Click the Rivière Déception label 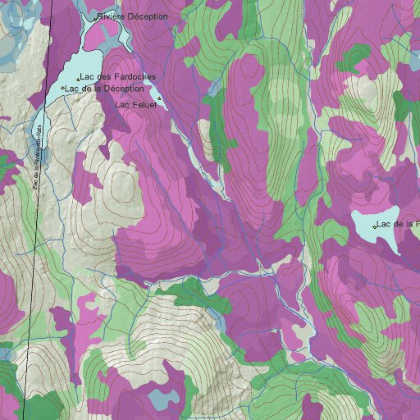pyautogui.click(x=132, y=16)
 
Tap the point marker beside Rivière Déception pyautogui.click(x=95, y=17)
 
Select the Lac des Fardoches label pyautogui.click(x=117, y=77)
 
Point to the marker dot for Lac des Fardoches pyautogui.click(x=78, y=79)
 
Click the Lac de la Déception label pyautogui.click(x=104, y=89)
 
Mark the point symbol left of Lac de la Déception pyautogui.click(x=63, y=87)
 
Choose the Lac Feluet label pyautogui.click(x=135, y=105)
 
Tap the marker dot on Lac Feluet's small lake pyautogui.click(x=158, y=99)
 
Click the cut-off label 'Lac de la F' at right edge pyautogui.click(x=398, y=224)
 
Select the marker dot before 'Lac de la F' pyautogui.click(x=374, y=226)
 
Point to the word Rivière pyautogui.click(x=111, y=16)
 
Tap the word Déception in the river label pyautogui.click(x=147, y=16)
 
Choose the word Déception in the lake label pyautogui.click(x=125, y=89)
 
